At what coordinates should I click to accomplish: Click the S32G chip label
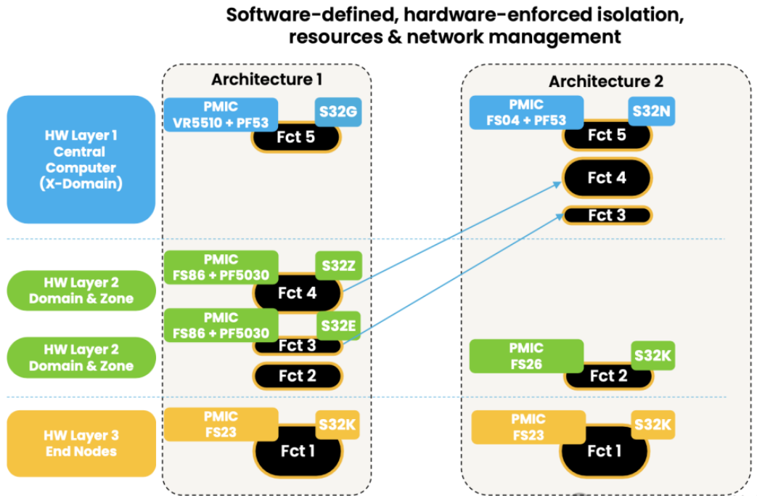click(x=337, y=112)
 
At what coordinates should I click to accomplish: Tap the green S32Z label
click(x=338, y=266)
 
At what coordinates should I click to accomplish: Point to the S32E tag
click(x=338, y=325)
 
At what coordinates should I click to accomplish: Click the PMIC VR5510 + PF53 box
click(x=221, y=114)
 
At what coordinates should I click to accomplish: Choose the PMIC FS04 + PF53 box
click(x=527, y=113)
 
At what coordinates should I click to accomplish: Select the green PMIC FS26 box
click(x=526, y=356)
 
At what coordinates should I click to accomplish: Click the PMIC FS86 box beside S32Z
click(x=221, y=267)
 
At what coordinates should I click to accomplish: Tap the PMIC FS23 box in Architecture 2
click(x=528, y=427)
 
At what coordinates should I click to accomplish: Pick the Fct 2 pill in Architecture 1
click(x=297, y=376)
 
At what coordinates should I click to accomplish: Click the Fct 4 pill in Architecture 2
click(x=607, y=178)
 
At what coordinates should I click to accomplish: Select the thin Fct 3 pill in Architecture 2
click(x=607, y=216)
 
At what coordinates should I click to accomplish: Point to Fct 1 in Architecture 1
click(x=298, y=451)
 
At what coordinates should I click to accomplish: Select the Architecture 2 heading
click(x=605, y=81)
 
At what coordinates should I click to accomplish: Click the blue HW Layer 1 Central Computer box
click(x=80, y=160)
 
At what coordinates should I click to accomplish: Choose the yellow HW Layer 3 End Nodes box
click(x=80, y=443)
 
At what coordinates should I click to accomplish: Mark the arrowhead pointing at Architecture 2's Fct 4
click(x=558, y=184)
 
